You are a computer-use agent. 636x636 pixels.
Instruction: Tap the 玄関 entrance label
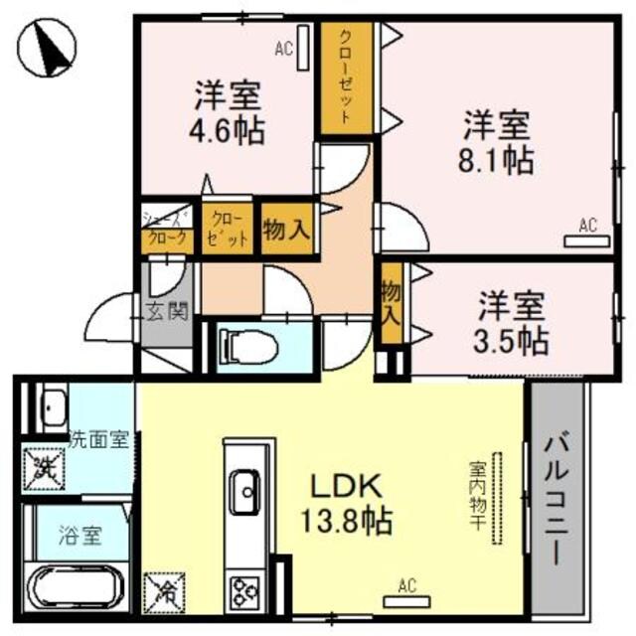pyautogui.click(x=164, y=311)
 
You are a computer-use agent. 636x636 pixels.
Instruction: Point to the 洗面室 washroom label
pyautogui.click(x=99, y=438)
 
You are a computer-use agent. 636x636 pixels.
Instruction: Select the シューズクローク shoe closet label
pyautogui.click(x=166, y=230)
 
